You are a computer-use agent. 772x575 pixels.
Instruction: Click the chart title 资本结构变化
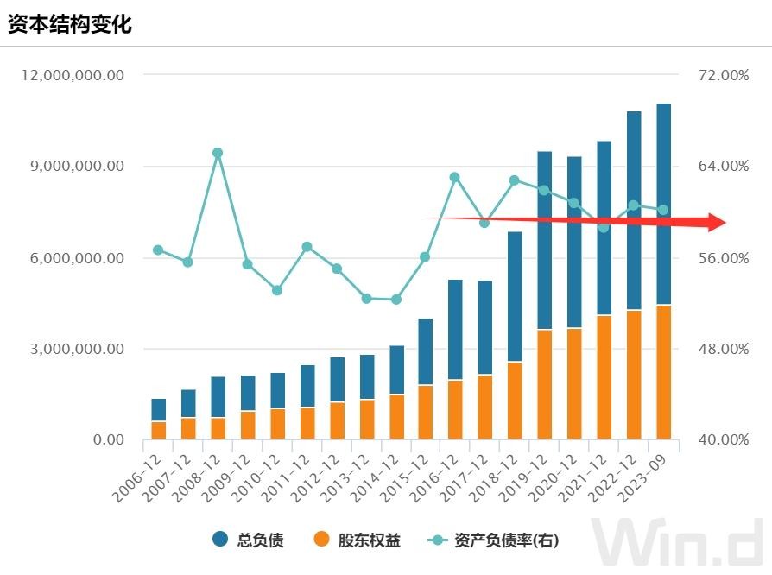point(70,23)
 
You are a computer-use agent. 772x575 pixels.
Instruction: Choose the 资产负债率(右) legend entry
point(495,541)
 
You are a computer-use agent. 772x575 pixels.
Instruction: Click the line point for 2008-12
point(218,153)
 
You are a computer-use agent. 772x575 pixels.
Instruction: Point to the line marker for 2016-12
point(455,177)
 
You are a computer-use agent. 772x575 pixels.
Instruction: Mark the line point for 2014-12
point(396,300)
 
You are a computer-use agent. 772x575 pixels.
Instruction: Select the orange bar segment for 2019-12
point(545,385)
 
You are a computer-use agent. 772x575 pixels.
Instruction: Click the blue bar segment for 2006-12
point(159,410)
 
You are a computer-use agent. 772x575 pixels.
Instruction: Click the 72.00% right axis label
point(724,76)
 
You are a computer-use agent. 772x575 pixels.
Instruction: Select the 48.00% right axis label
point(724,350)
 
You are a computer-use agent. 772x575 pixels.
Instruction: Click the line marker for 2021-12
point(604,227)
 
